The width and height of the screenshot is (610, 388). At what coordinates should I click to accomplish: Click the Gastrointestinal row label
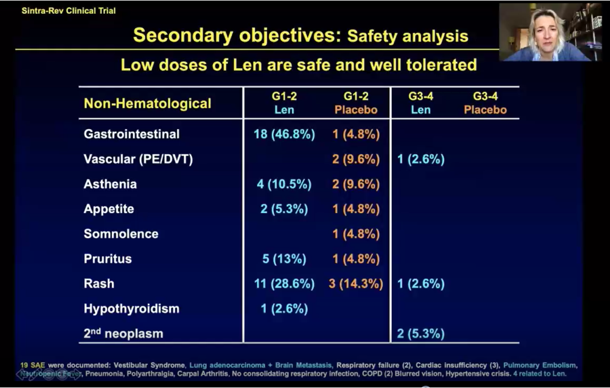(131, 134)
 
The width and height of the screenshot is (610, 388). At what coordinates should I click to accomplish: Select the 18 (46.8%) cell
(284, 134)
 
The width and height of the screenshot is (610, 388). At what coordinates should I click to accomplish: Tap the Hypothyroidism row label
(131, 308)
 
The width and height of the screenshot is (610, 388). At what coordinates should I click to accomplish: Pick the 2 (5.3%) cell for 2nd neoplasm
(421, 334)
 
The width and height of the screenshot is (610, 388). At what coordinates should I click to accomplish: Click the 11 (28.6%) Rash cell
(284, 284)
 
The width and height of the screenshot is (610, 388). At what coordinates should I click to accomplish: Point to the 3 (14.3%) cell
(356, 284)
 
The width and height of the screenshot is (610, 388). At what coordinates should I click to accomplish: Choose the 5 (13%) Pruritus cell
(284, 259)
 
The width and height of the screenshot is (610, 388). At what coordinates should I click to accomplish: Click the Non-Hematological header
(147, 104)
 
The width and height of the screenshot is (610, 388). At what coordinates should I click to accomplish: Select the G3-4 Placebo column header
(485, 103)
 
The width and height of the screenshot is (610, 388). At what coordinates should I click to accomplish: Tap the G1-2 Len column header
(284, 103)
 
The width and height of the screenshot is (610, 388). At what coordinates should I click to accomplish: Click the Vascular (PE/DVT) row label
(138, 159)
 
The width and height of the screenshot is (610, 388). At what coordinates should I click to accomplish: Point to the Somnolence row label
(121, 234)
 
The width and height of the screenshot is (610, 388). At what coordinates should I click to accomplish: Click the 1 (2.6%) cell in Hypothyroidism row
(284, 308)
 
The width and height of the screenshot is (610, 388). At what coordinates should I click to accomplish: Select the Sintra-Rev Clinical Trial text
(68, 11)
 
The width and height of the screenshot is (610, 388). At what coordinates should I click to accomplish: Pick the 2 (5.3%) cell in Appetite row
(284, 209)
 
